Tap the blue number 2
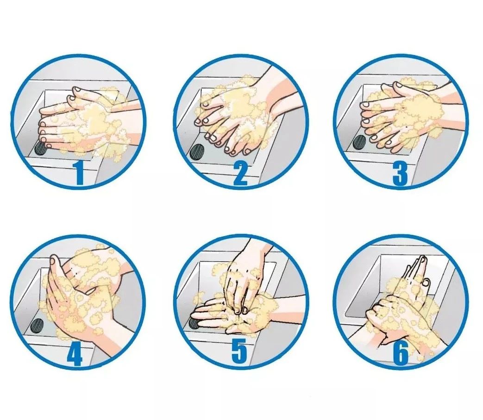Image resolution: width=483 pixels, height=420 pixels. [x=241, y=174]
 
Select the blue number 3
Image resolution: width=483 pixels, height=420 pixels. [x=400, y=174]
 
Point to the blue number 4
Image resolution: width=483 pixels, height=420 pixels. [x=75, y=354]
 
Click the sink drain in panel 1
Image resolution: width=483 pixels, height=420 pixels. [x=40, y=148]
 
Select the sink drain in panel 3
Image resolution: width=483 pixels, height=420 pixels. [x=359, y=142]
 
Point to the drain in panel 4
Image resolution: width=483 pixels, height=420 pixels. [x=38, y=325]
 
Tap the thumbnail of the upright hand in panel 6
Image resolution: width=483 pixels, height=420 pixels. [x=427, y=282]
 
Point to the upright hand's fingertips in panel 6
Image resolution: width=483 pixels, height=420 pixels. [x=421, y=261]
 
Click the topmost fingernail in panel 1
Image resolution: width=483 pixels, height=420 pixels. [x=77, y=90]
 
